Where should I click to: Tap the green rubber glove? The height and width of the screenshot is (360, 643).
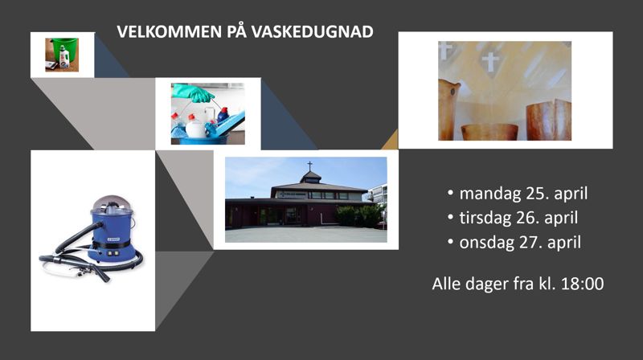point(194,93)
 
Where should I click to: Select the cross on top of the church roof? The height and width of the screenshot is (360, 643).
point(309,166)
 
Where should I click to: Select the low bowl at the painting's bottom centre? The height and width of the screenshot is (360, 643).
point(489,131)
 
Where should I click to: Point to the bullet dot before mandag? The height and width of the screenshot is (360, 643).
point(451,194)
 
